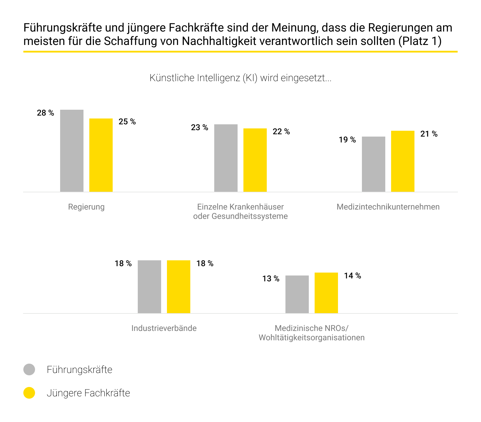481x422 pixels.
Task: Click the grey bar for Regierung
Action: (x=72, y=151)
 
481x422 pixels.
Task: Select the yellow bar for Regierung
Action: (x=101, y=155)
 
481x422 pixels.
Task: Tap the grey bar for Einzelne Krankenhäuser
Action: (x=226, y=158)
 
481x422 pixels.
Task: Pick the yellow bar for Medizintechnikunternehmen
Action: (x=403, y=161)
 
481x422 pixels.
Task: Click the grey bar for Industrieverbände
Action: (x=149, y=287)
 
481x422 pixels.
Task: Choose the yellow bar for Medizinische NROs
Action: (x=326, y=293)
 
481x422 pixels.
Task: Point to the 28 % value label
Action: (x=46, y=113)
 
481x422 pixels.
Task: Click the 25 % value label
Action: (x=127, y=122)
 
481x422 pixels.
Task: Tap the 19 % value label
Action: (x=347, y=140)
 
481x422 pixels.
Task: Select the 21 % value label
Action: (x=429, y=134)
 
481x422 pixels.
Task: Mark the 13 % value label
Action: (x=271, y=279)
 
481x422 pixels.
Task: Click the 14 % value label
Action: (x=353, y=276)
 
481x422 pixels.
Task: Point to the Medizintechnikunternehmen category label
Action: (x=388, y=207)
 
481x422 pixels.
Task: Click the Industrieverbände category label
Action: (x=164, y=328)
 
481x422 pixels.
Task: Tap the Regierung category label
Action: (x=86, y=207)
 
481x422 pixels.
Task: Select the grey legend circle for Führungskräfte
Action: (x=29, y=369)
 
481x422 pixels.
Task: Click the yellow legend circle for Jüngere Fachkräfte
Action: (x=29, y=393)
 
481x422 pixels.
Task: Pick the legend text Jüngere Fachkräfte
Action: (x=88, y=393)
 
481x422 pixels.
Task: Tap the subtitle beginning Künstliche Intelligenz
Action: (x=240, y=78)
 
